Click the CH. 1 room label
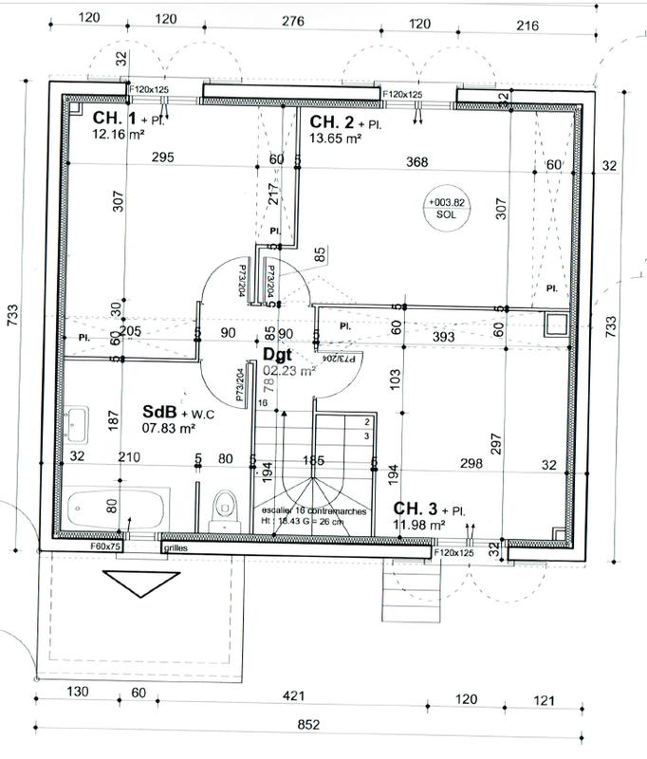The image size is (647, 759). point(112,119)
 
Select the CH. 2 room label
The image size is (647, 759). point(331,121)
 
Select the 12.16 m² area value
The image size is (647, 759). point(118,135)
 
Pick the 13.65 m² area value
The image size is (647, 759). point(336,139)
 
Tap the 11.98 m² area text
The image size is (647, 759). point(419,524)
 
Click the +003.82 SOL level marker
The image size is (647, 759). point(446,208)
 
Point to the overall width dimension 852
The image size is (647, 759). point(308,725)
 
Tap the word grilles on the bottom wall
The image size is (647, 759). point(176,548)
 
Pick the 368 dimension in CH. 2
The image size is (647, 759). point(417,162)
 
